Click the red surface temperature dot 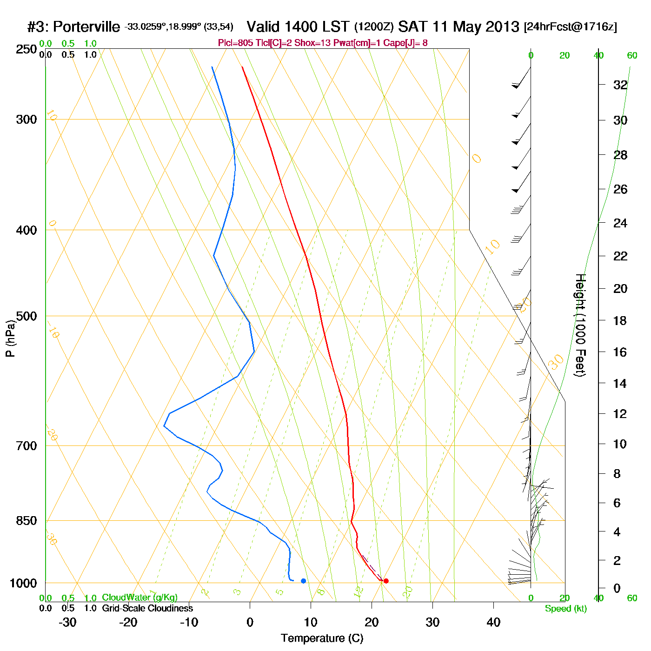point(386,581)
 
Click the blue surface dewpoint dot point(303,581)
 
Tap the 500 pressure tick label point(26,316)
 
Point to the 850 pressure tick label point(26,521)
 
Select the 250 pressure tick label point(26,49)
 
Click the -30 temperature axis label point(67,622)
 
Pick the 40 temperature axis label point(493,622)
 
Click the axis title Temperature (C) point(322,638)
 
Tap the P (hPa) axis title point(10,338)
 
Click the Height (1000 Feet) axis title point(580,325)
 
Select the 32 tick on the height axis point(620,85)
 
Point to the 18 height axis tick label point(620,320)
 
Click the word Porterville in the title point(86,27)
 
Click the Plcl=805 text point(236,43)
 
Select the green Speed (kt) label point(566,609)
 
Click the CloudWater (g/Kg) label point(139,598)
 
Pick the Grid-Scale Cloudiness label point(147,608)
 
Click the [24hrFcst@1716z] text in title point(571,27)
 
